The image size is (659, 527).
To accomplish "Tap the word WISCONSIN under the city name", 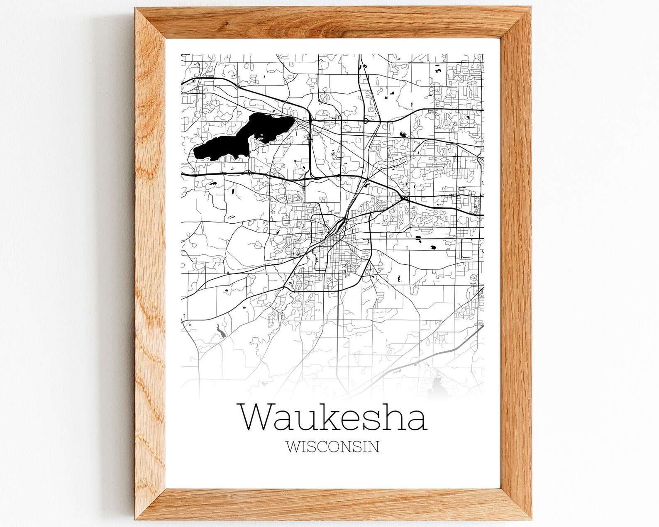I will tap(332, 447).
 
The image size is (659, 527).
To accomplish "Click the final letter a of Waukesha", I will tap(417, 420).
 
